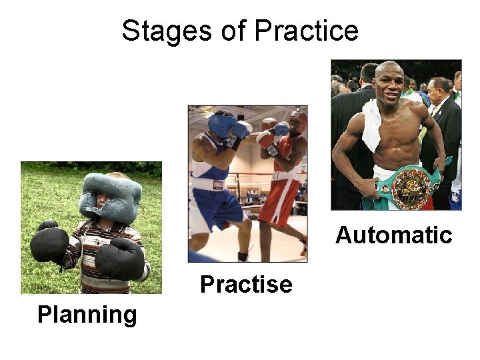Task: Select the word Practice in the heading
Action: [x=306, y=31]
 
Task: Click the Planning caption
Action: [x=87, y=314]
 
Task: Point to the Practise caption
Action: [x=246, y=285]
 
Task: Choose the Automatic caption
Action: [x=393, y=235]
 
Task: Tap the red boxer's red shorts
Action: [x=280, y=200]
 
